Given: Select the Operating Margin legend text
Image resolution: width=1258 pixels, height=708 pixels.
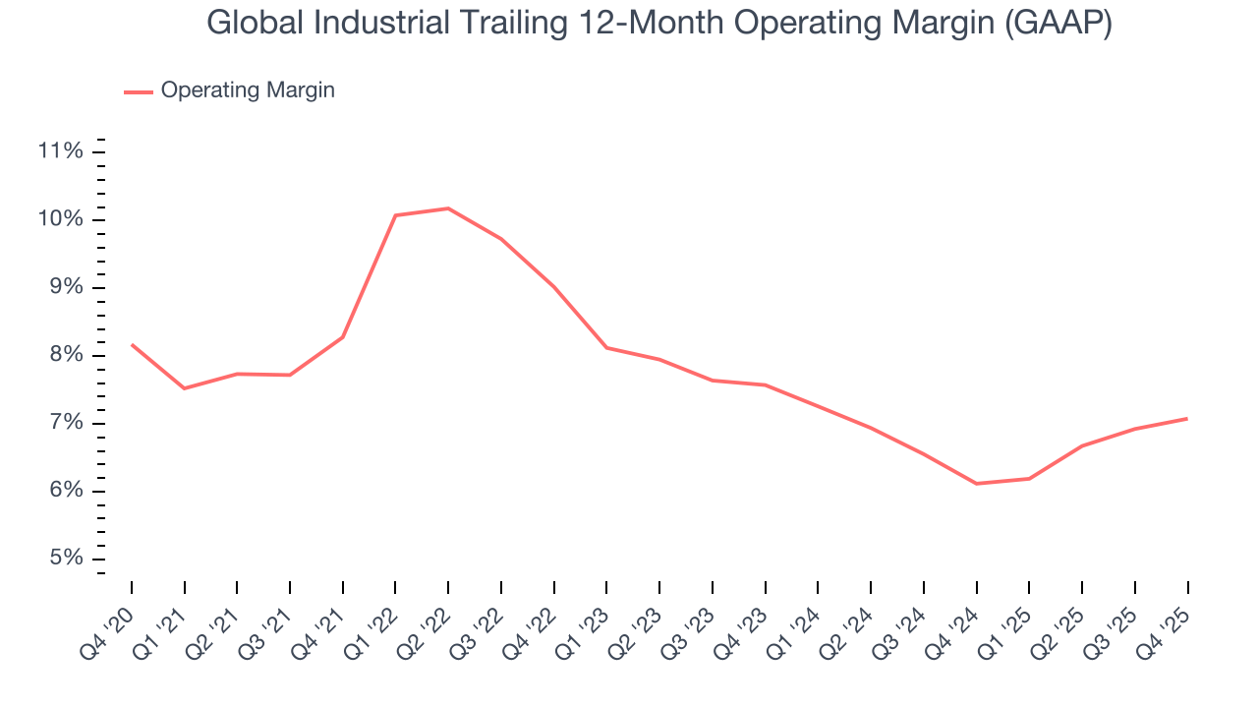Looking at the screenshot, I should pyautogui.click(x=248, y=90).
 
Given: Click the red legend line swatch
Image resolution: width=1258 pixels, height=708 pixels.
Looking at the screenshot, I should pyautogui.click(x=139, y=91).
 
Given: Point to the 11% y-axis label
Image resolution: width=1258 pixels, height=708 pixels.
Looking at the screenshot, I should pyautogui.click(x=60, y=151).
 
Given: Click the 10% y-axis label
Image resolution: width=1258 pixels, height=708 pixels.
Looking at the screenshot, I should pyautogui.click(x=60, y=219).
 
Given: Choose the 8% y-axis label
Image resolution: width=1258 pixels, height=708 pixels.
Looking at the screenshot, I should pyautogui.click(x=65, y=355).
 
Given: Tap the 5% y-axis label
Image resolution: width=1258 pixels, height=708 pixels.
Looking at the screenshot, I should pyautogui.click(x=65, y=559).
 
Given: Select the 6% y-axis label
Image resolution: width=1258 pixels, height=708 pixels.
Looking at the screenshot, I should pyautogui.click(x=65, y=491).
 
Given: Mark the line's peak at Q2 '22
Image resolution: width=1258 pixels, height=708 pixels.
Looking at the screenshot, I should pyautogui.click(x=448, y=208).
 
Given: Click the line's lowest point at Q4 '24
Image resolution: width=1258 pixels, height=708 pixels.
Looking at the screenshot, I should pyautogui.click(x=977, y=484).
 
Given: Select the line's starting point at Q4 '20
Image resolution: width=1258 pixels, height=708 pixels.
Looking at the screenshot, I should pyautogui.click(x=132, y=344).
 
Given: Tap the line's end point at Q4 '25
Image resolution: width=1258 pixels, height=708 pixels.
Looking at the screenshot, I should pyautogui.click(x=1187, y=419).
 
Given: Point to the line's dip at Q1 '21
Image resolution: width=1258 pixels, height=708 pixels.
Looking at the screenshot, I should pyautogui.click(x=184, y=388).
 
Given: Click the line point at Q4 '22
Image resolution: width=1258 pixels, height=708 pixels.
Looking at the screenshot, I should pyautogui.click(x=554, y=287).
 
